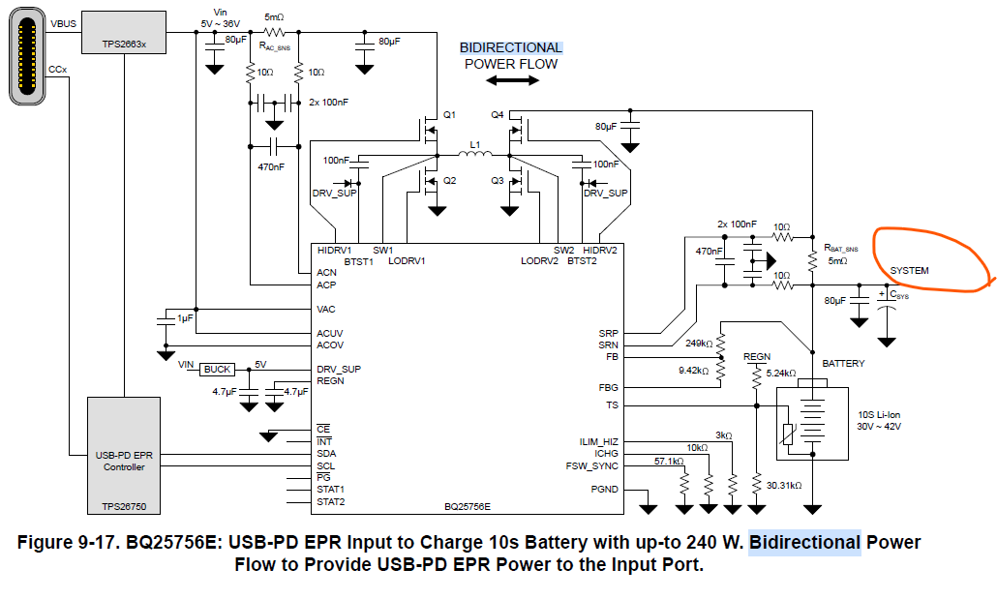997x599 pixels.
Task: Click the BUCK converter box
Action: pos(218,370)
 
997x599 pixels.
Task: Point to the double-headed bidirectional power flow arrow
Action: pos(512,81)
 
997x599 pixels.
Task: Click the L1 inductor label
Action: pos(474,144)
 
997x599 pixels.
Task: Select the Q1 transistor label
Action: pos(449,115)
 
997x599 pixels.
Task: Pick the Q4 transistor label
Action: pos(497,115)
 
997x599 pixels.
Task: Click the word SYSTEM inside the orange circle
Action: pos(909,271)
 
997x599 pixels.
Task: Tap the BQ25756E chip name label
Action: pos(468,507)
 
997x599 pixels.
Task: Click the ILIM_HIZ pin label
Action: pos(599,441)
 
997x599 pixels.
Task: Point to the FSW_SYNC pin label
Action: pos(592,465)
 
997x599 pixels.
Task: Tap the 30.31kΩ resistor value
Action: pos(783,485)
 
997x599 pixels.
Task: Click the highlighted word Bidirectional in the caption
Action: pos(805,543)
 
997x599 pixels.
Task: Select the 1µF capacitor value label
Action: pos(184,317)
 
